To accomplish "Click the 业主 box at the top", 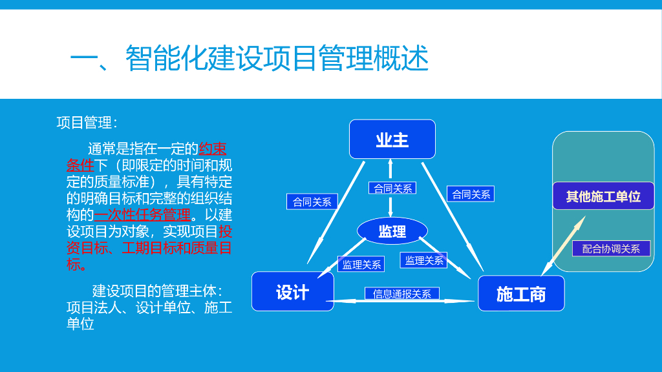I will click(x=392, y=139).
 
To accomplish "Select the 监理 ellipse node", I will click(x=392, y=231).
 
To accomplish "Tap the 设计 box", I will click(x=292, y=291).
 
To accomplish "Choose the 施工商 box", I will click(x=521, y=294).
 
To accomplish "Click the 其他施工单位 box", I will click(x=603, y=196).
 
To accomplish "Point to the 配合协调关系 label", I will click(x=610, y=249).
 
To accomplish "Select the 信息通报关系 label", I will click(x=402, y=294).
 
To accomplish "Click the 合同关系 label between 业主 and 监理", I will click(x=392, y=189).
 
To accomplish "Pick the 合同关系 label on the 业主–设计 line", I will click(x=312, y=201).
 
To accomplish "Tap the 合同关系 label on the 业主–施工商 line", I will click(x=471, y=194).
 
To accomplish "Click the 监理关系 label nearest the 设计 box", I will click(x=361, y=264).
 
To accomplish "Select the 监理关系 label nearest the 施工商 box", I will click(x=424, y=260).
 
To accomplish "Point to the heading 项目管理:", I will click(x=87, y=123).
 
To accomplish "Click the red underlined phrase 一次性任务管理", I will click(x=142, y=214).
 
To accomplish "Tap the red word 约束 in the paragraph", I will click(x=213, y=147).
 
